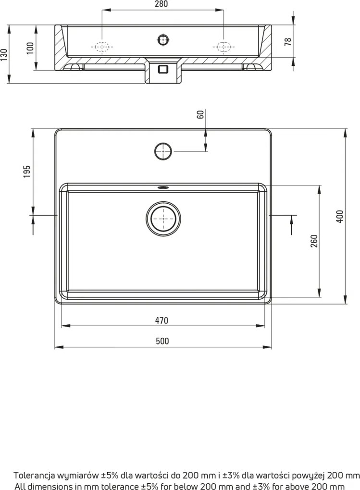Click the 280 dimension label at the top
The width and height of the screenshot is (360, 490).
[x=162, y=4]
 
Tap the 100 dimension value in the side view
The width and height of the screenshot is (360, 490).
[x=31, y=48]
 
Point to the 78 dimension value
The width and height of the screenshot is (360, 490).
[x=288, y=41]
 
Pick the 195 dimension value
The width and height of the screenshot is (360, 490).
[x=27, y=171]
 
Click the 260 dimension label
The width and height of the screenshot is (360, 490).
[x=313, y=240]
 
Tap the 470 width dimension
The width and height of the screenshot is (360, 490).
[x=162, y=320]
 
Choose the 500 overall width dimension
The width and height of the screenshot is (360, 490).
[x=162, y=341]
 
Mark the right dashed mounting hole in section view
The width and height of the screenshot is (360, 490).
[x=223, y=47]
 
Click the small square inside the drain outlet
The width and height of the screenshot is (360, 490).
[x=163, y=69]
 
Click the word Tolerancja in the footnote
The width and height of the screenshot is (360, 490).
[x=33, y=476]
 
